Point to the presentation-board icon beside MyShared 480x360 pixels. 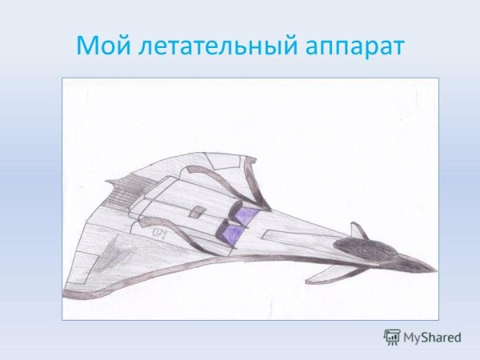(392, 337)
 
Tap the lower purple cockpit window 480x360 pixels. (231, 234)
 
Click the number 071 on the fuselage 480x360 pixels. (159, 231)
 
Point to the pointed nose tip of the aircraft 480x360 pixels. (434, 267)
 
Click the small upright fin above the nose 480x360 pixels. (359, 231)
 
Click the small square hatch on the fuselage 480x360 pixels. (195, 211)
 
